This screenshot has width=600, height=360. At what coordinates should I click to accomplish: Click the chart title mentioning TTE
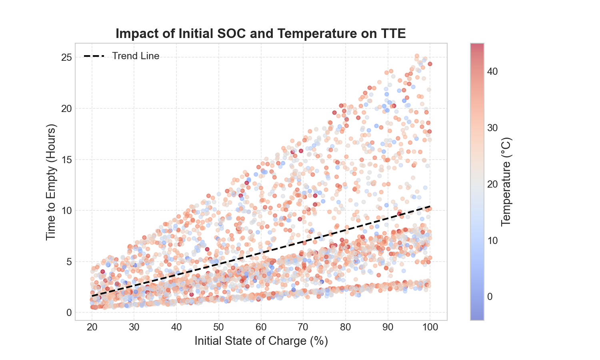click(x=260, y=34)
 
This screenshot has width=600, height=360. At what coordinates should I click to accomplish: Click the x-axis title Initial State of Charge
click(x=261, y=341)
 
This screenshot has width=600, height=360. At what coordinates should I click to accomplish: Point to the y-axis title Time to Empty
click(x=51, y=182)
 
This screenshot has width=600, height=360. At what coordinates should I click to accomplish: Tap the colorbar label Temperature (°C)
click(x=506, y=182)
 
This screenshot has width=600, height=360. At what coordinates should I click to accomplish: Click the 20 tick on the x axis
click(x=92, y=327)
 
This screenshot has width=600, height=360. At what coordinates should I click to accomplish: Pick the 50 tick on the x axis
click(x=218, y=327)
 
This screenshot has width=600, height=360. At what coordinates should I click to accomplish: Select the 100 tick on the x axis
click(x=430, y=327)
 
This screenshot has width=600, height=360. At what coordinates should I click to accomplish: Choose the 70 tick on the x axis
click(x=303, y=327)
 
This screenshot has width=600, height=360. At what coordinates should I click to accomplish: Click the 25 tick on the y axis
click(x=66, y=58)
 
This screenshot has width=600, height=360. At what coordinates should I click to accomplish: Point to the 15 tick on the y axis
click(x=66, y=160)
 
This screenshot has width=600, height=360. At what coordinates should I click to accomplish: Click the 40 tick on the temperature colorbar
click(x=492, y=72)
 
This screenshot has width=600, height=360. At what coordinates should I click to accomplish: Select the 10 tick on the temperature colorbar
click(x=492, y=240)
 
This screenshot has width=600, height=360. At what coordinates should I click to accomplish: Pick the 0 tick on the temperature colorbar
click(x=490, y=297)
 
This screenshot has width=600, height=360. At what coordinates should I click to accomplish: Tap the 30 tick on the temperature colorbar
click(x=492, y=128)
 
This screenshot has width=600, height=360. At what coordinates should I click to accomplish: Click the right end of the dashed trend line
click(x=430, y=206)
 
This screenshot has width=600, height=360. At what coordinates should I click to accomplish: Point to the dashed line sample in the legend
click(x=94, y=56)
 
